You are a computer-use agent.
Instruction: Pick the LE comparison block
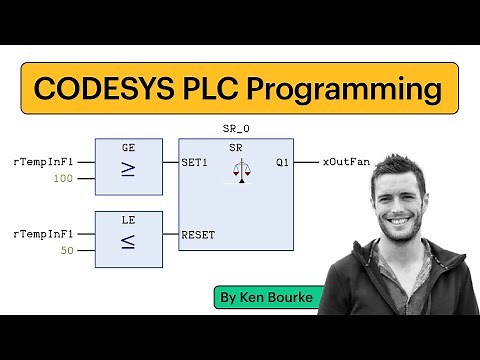128,239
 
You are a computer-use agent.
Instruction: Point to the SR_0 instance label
237,130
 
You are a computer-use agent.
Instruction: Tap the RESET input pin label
198,235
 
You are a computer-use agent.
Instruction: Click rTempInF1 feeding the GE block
43,160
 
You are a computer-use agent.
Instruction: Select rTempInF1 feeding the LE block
43,234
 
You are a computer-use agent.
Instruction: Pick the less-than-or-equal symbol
128,243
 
